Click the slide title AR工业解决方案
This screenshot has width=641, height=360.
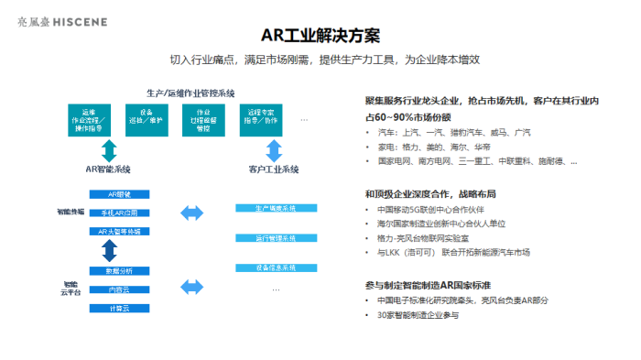click(320, 36)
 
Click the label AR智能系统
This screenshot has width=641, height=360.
click(109, 169)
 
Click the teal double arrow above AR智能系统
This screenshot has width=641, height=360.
click(109, 149)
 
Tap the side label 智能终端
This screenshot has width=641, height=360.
click(70, 212)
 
